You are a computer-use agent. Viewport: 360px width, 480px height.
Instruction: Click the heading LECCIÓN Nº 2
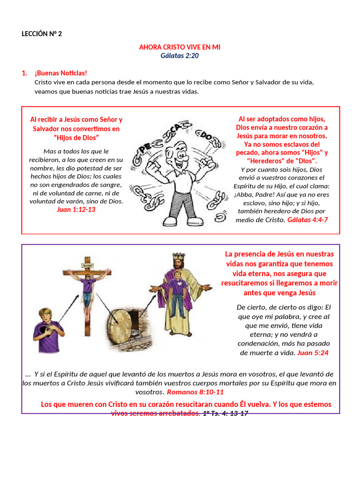tap(42, 34)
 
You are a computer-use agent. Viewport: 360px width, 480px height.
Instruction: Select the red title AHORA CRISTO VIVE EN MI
tap(180, 47)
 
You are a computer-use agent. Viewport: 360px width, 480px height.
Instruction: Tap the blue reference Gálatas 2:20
tap(180, 56)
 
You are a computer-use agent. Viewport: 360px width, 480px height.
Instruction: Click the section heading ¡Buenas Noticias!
tap(60, 73)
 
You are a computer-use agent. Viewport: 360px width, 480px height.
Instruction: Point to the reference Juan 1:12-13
tap(76, 210)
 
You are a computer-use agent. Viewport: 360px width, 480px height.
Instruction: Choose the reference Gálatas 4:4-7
tap(307, 219)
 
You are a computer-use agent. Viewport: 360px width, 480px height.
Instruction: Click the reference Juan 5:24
tap(313, 352)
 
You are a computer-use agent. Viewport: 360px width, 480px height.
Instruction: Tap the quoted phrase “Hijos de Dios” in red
tap(76, 137)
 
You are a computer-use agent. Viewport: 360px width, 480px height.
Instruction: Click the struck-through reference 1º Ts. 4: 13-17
tap(225, 413)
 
